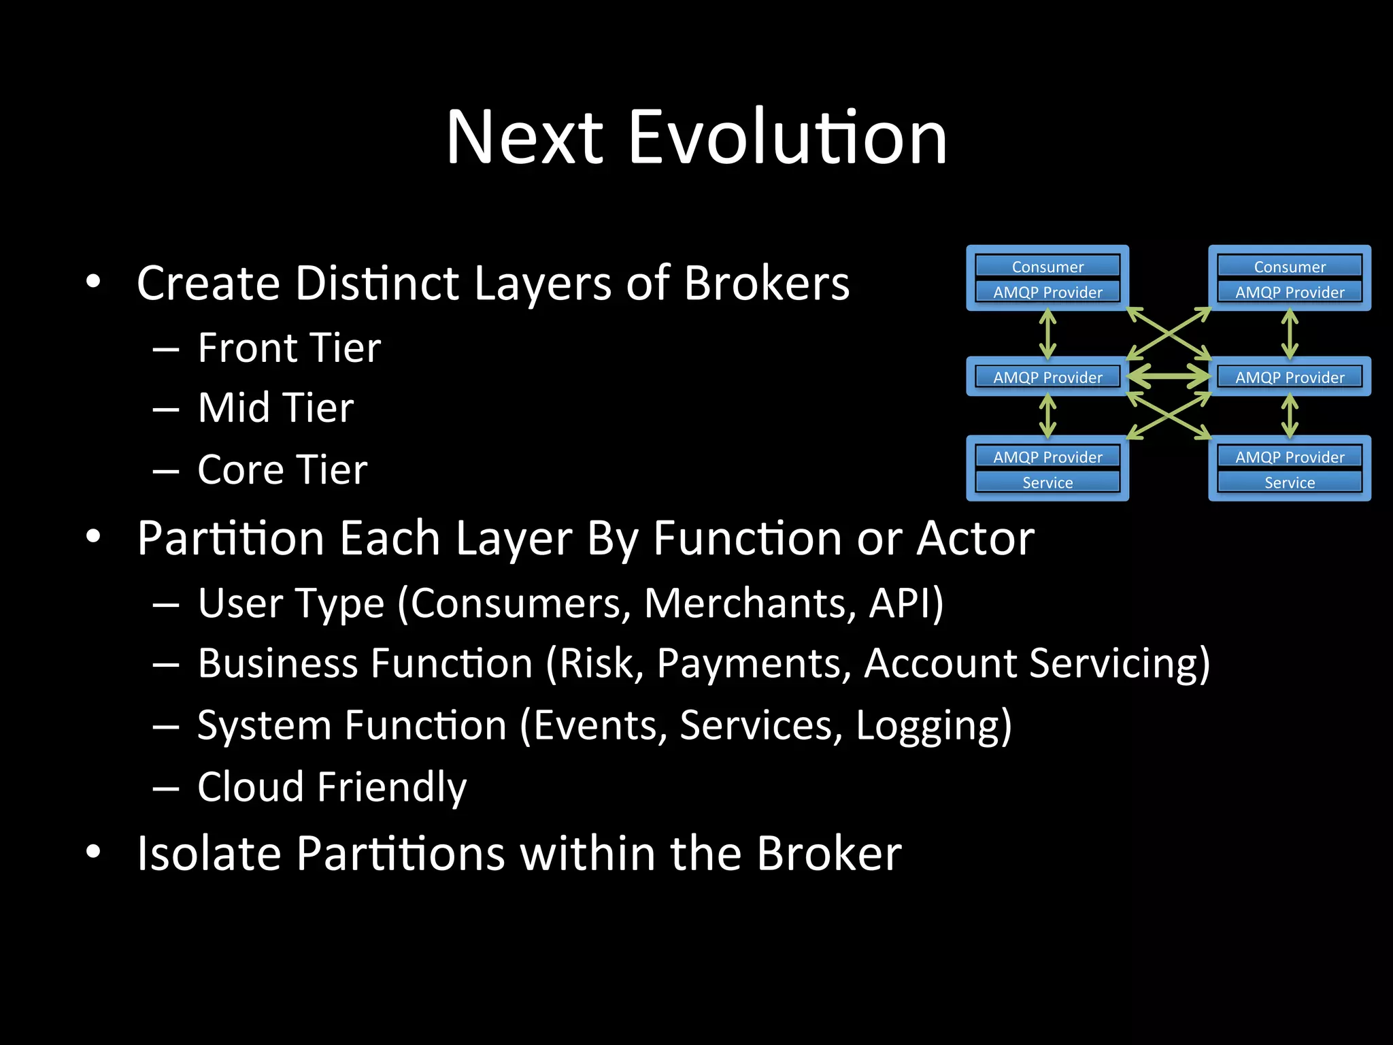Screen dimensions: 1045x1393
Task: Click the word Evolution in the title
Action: tap(788, 137)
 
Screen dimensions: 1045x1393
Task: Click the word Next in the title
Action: tap(524, 137)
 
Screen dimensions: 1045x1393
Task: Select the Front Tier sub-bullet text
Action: tap(289, 348)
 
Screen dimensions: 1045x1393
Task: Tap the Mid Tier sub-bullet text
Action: tap(275, 408)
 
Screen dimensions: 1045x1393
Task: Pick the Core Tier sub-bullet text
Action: tap(282, 470)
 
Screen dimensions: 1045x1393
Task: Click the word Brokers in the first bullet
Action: tap(767, 283)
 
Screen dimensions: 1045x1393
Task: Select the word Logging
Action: tap(933, 726)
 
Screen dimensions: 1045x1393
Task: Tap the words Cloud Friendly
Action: tap(332, 787)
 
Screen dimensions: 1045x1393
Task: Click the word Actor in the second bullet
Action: tap(975, 539)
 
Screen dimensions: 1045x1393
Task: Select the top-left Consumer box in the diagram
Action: tap(1047, 266)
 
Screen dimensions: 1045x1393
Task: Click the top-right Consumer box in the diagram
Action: tap(1290, 266)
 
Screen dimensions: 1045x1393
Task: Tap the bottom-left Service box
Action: tap(1047, 482)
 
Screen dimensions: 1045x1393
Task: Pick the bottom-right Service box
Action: tap(1290, 482)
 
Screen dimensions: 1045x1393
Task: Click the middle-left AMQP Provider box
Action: tap(1047, 377)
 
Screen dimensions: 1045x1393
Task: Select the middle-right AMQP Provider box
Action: tap(1290, 377)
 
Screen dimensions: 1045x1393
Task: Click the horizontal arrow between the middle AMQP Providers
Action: tap(1169, 376)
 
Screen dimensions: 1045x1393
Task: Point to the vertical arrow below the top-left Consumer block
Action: tap(1048, 333)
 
